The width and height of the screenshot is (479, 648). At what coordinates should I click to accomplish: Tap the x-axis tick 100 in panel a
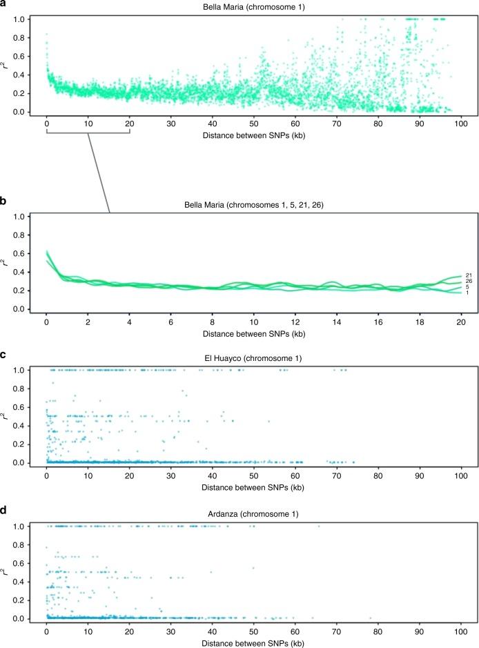click(x=461, y=124)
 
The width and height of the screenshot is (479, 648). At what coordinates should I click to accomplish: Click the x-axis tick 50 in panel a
click(x=254, y=124)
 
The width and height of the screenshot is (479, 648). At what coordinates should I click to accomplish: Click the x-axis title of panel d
click(x=253, y=642)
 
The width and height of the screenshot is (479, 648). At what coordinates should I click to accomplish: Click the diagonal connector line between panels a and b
click(x=99, y=173)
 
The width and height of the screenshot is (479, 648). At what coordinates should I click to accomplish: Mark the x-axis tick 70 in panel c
click(x=337, y=475)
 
